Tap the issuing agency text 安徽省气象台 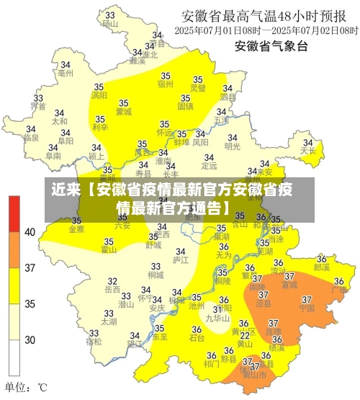[x=271, y=47]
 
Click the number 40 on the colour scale [x=30, y=232]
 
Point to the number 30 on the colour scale [x=30, y=339]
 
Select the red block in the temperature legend [x=14, y=213]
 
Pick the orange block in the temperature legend [x=14, y=249]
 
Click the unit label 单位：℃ [x=27, y=387]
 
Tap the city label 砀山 [x=109, y=23]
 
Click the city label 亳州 [x=65, y=73]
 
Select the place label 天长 [x=308, y=151]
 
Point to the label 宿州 [x=165, y=84]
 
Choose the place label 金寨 [x=76, y=229]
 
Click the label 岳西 [x=112, y=289]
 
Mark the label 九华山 [x=217, y=317]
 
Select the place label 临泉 [x=31, y=137]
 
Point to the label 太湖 [x=109, y=321]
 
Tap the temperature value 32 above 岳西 [x=112, y=280]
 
